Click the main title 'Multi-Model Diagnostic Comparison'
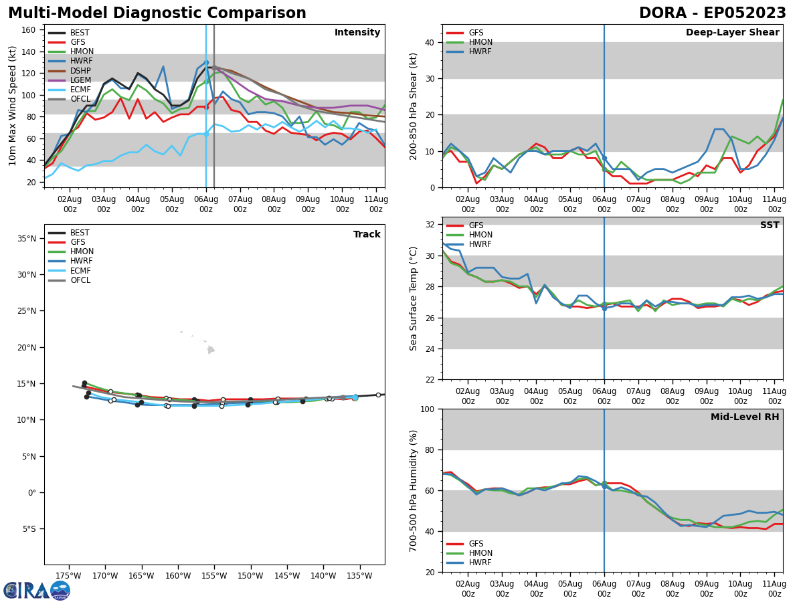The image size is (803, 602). pos(157,13)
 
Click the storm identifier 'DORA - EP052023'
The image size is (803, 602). pos(712,13)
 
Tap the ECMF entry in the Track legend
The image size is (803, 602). pos(80,271)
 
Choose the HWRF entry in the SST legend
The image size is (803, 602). pos(480,244)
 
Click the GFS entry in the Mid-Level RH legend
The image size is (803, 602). pos(476,544)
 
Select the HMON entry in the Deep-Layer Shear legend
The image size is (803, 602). pos(480,42)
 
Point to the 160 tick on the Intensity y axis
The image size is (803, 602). pos(30,29)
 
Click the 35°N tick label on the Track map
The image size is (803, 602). pos(27,239)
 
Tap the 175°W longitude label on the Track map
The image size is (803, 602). pos(68,575)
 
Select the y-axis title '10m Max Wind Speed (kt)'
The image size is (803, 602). pos(13,106)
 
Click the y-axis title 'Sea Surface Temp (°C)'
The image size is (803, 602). pos(414,298)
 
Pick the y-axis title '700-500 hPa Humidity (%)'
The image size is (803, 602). pos(414,490)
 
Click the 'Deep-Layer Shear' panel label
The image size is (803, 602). pos(732,33)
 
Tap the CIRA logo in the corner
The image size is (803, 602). pos(37,591)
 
